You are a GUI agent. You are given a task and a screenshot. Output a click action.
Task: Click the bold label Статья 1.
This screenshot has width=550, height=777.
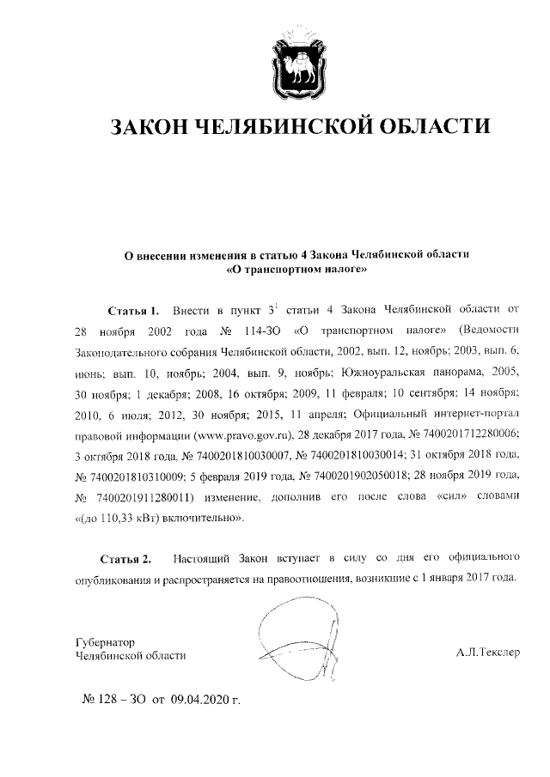[x=135, y=308]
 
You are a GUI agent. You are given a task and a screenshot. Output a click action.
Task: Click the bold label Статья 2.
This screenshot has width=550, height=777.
[x=125, y=560]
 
